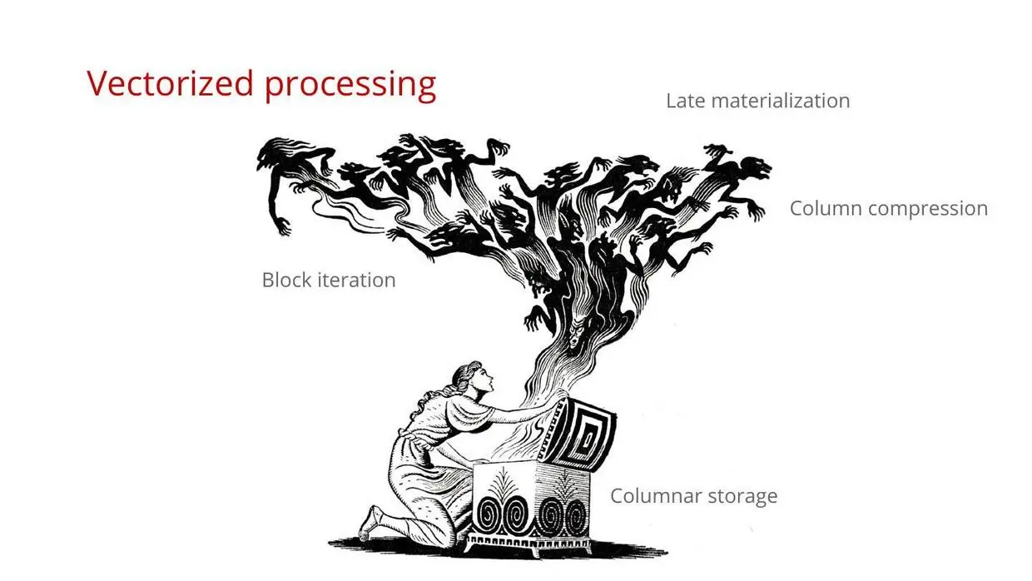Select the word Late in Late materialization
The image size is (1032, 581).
[686, 101]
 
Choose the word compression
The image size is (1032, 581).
[929, 209]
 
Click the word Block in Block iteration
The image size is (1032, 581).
[286, 280]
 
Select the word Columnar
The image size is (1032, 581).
[652, 496]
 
